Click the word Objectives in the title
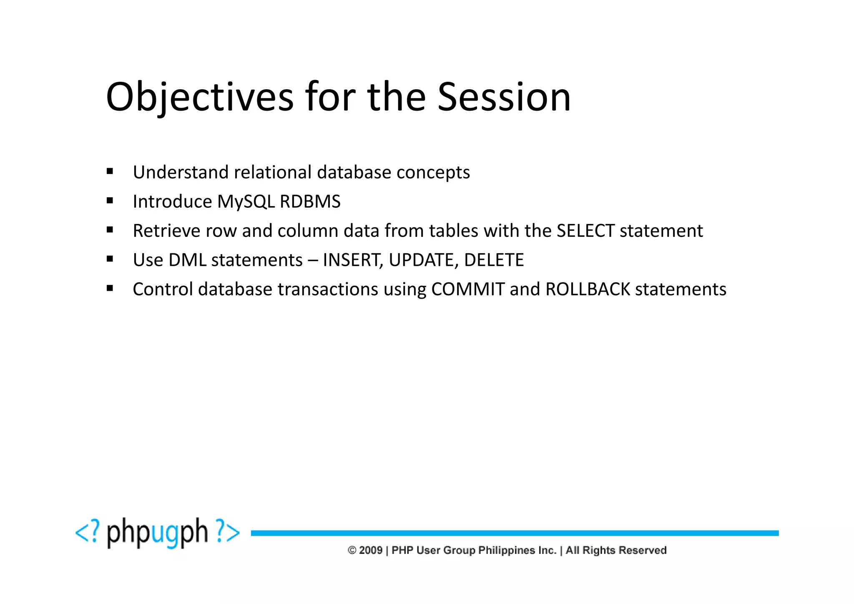199,97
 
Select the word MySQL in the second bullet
246,201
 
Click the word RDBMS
310,201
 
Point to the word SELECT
585,231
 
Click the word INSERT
352,260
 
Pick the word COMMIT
467,289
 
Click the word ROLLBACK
588,289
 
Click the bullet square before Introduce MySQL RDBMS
110,201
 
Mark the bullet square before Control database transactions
110,288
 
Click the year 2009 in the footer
370,550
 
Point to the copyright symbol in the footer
352,550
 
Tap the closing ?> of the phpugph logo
228,531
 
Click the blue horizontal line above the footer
515,533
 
